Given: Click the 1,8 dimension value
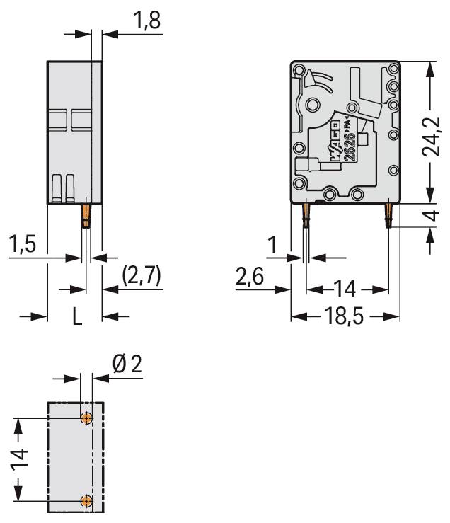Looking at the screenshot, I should pyautogui.click(x=146, y=21).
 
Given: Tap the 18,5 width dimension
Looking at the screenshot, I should pyautogui.click(x=346, y=316).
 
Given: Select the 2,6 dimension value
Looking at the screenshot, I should pyautogui.click(x=249, y=277).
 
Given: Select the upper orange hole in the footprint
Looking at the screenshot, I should pyautogui.click(x=86, y=418).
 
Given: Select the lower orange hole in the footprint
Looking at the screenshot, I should pyautogui.click(x=86, y=502).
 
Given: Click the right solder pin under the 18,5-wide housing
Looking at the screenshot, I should pyautogui.click(x=388, y=215).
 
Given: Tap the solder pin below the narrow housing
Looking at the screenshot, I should pyautogui.click(x=86, y=215).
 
